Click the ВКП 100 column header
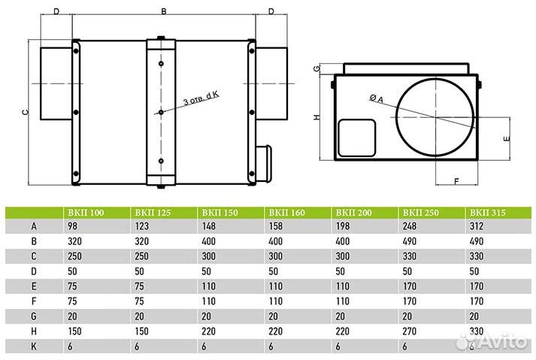tap(86, 213)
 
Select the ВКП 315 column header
tap(487, 213)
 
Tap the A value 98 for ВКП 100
tap(73, 226)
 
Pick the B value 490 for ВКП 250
tap(410, 241)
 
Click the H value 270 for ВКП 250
tap(410, 331)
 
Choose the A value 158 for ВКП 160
tap(276, 226)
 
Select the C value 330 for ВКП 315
tap(477, 256)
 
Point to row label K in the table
tap(34, 346)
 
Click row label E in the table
tap(34, 286)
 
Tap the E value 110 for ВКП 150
tap(208, 286)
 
